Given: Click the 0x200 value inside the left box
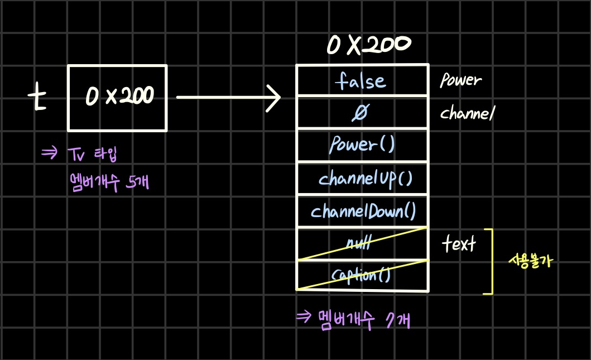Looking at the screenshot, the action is coord(120,97).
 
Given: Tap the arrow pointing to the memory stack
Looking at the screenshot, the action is coord(229,99).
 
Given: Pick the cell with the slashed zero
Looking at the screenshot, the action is coord(361,113).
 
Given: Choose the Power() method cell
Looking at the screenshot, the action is coord(362,145).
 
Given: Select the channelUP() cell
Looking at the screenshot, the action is coord(365,179).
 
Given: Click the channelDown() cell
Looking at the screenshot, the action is coord(363,212).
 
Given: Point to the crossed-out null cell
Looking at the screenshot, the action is coord(362,244).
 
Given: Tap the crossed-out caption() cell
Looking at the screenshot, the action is coord(362,276).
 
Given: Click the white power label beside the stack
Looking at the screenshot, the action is coord(460,81).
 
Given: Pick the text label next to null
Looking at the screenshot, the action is coord(459,244).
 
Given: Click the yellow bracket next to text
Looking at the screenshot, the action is coord(489,261).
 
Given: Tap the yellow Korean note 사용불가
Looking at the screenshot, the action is coord(530,261).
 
